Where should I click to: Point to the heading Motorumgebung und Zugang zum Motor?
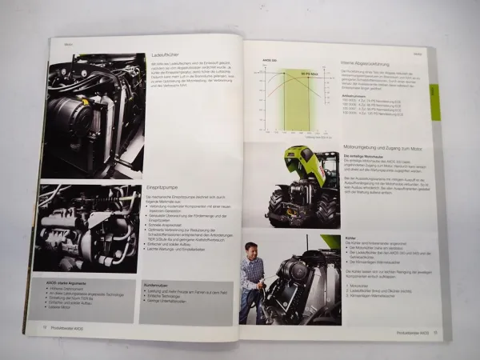[x=382, y=148]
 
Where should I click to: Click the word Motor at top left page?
[x=69, y=46]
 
